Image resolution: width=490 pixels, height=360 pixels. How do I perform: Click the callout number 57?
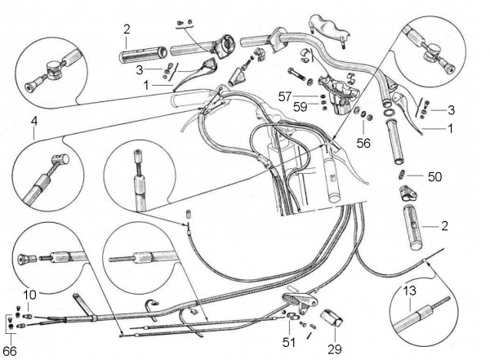(305, 96)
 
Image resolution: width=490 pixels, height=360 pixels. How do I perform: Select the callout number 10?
(30, 294)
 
